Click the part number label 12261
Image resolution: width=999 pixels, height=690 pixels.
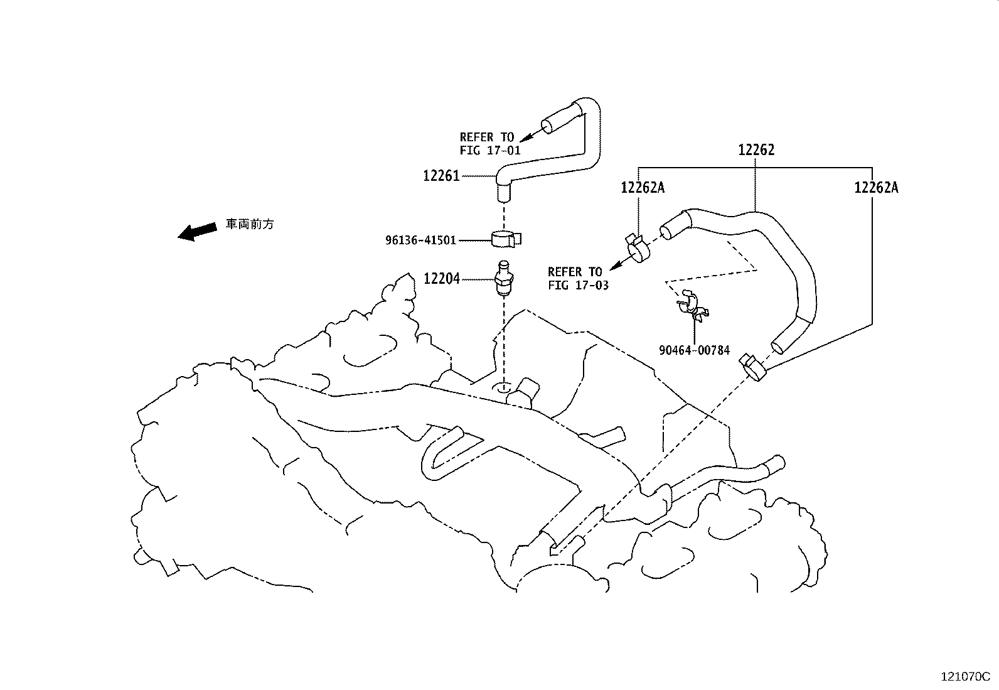(x=441, y=176)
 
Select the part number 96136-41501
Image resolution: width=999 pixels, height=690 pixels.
(x=421, y=240)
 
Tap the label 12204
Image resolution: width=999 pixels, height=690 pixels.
(x=441, y=279)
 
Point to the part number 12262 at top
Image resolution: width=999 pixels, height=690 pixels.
(x=756, y=150)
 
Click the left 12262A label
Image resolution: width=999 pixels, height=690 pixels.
(x=643, y=188)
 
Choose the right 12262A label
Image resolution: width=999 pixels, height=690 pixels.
(x=877, y=188)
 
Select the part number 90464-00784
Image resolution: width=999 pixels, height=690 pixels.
(x=695, y=350)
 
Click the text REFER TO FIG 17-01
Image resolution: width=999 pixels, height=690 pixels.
(x=489, y=144)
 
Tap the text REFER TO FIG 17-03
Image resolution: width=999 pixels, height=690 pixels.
(x=578, y=279)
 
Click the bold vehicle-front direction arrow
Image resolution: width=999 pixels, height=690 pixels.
(x=198, y=231)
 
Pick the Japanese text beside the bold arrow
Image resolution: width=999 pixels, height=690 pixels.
(x=250, y=224)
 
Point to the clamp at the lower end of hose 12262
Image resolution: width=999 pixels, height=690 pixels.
(x=752, y=367)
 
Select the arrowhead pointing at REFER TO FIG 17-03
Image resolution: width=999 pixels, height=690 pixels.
(x=616, y=266)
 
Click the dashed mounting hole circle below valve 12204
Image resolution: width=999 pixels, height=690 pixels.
(x=503, y=388)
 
